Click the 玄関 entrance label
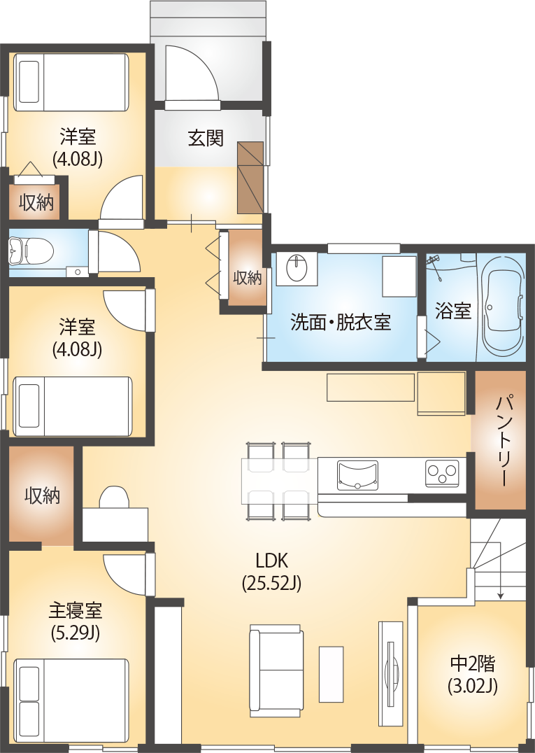click(x=206, y=138)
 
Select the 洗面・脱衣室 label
click(x=341, y=323)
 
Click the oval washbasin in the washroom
click(x=297, y=268)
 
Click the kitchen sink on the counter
click(x=357, y=474)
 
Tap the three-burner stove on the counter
click(x=442, y=473)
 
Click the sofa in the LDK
click(x=277, y=670)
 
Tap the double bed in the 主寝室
click(x=71, y=700)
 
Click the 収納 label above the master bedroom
click(x=42, y=496)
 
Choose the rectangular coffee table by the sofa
click(x=331, y=674)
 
